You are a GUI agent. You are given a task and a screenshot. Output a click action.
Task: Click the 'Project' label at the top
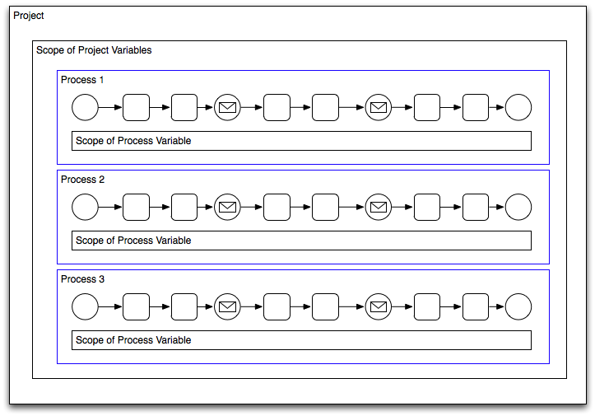click(29, 16)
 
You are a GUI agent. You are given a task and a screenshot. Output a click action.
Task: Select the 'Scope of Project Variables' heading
click(94, 50)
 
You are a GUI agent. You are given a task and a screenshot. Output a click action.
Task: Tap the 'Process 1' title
click(82, 80)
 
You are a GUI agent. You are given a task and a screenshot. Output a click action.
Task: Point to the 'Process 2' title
click(82, 180)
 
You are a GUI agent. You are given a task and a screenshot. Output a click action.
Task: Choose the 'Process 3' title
click(82, 279)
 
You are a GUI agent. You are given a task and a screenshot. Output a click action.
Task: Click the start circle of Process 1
click(85, 107)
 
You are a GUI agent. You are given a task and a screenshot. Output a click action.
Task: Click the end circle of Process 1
click(518, 107)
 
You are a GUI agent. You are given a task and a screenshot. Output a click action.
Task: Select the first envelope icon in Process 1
click(227, 107)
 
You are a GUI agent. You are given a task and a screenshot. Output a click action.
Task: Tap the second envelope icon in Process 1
click(379, 107)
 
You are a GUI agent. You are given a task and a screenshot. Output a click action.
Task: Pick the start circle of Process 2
click(85, 207)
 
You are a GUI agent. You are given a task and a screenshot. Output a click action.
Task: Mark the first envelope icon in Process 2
click(227, 207)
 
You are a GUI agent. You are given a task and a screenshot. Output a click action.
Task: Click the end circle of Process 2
click(518, 207)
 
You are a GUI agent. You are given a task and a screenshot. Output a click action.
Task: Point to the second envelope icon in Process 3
click(379, 306)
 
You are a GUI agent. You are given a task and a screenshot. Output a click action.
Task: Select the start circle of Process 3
click(85, 306)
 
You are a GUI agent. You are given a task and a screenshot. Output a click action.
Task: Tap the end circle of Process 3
click(518, 306)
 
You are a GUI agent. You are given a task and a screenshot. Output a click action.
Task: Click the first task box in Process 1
click(136, 107)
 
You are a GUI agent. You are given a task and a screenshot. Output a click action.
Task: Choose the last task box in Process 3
click(476, 306)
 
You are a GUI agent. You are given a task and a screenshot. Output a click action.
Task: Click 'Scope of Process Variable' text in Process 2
click(133, 241)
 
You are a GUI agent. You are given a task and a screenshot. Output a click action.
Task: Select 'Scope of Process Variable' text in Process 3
click(133, 340)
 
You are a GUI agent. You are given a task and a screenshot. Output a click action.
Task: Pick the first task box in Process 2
click(136, 207)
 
